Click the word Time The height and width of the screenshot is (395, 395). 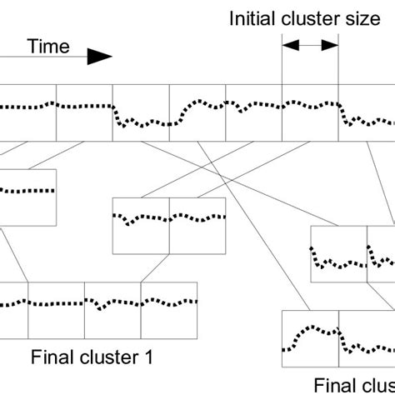point(49,47)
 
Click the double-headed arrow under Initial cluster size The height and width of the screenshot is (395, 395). point(311,47)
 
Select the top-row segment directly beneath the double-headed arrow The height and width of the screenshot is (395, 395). point(311,112)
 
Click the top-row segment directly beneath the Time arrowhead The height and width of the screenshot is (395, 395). point(84,112)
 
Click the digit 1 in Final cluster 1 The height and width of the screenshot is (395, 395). point(147,359)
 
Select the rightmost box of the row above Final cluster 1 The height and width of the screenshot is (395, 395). point(169,305)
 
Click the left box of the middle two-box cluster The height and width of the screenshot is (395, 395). point(141,225)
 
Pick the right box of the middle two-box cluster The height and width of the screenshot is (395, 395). point(197,225)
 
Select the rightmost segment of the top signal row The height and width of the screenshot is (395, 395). point(367,112)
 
